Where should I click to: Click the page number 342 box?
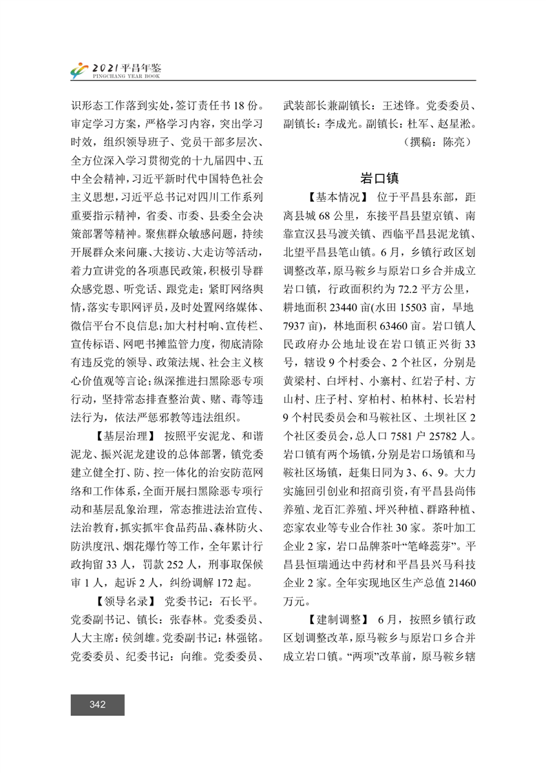click(x=97, y=704)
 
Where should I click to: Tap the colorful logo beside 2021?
click(x=81, y=70)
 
